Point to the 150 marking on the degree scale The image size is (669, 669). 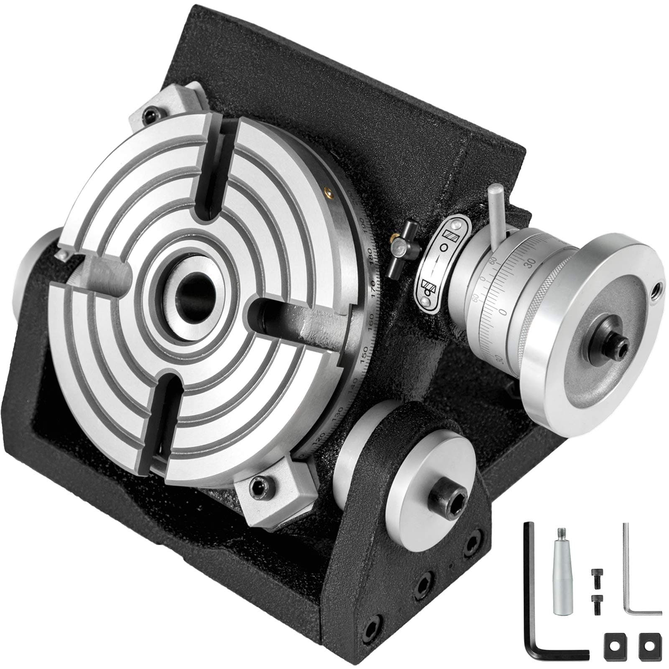tap(365, 354)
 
